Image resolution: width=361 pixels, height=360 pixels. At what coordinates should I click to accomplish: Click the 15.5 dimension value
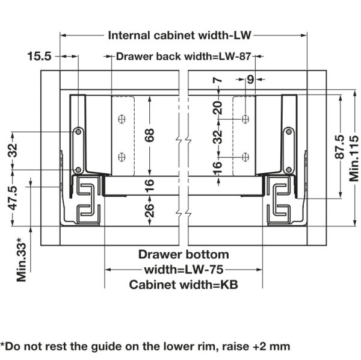39,56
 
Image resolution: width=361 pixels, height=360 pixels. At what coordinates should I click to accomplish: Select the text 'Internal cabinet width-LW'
179,36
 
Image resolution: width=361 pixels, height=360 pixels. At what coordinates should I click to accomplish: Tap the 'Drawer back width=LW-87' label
184,57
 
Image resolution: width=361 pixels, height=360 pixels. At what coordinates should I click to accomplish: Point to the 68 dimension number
149,135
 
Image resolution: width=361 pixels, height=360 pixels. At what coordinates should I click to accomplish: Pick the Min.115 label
354,159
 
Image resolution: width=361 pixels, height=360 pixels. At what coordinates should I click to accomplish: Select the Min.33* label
22,259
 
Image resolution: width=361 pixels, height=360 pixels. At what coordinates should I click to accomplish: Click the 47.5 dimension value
13,198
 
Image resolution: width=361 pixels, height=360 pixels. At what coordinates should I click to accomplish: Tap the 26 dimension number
149,211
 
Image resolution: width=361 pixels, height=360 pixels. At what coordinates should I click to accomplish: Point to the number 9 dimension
250,79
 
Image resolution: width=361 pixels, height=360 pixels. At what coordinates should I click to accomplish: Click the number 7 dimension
218,81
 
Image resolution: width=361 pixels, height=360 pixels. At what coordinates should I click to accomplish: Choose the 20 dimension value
218,108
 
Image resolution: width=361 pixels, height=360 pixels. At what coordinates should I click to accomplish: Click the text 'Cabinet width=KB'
184,285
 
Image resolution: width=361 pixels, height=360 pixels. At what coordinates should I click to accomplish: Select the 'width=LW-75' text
184,270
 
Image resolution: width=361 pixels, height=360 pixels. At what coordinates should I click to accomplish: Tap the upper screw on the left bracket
78,132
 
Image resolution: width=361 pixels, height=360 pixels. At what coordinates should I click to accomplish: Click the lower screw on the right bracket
289,170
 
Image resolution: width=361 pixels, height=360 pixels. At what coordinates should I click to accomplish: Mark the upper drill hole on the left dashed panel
122,119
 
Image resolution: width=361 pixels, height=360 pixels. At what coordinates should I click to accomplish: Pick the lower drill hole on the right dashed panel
245,157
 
